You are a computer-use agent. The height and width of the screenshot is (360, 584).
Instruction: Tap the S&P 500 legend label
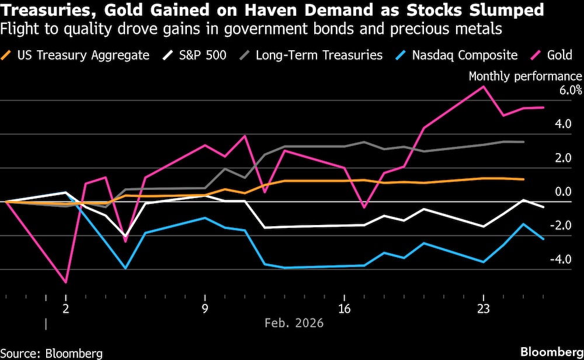[x=192, y=56]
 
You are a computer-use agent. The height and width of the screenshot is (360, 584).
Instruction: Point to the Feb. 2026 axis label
[x=294, y=323]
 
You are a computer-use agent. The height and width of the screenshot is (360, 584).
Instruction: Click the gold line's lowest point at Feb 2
[x=66, y=282]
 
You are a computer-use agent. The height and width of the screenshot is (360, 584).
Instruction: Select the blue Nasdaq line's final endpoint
[x=544, y=239]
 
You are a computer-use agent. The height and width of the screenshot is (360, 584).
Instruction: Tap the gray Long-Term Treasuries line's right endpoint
[x=524, y=142]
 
